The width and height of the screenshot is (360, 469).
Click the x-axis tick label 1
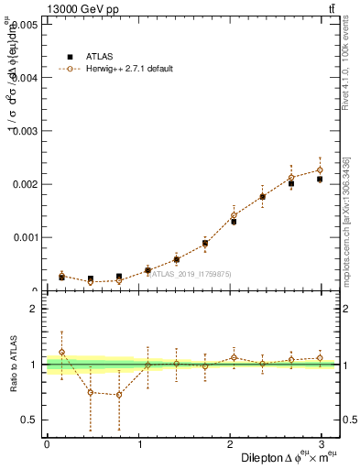click(x=139, y=444)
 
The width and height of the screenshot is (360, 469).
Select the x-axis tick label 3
click(x=325, y=444)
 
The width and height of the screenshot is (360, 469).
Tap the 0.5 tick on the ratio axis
click(x=29, y=420)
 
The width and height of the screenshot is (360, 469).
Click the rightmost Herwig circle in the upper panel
click(x=320, y=169)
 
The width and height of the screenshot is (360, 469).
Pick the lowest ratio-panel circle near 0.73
click(x=119, y=395)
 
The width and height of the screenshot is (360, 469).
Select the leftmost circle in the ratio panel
click(x=61, y=352)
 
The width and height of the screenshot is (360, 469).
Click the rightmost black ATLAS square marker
click(x=320, y=180)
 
